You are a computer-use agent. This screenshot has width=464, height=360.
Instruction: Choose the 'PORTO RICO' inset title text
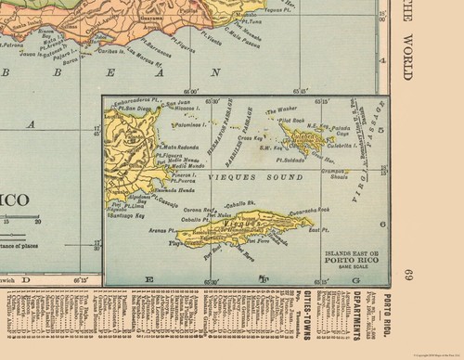click(349, 258)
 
